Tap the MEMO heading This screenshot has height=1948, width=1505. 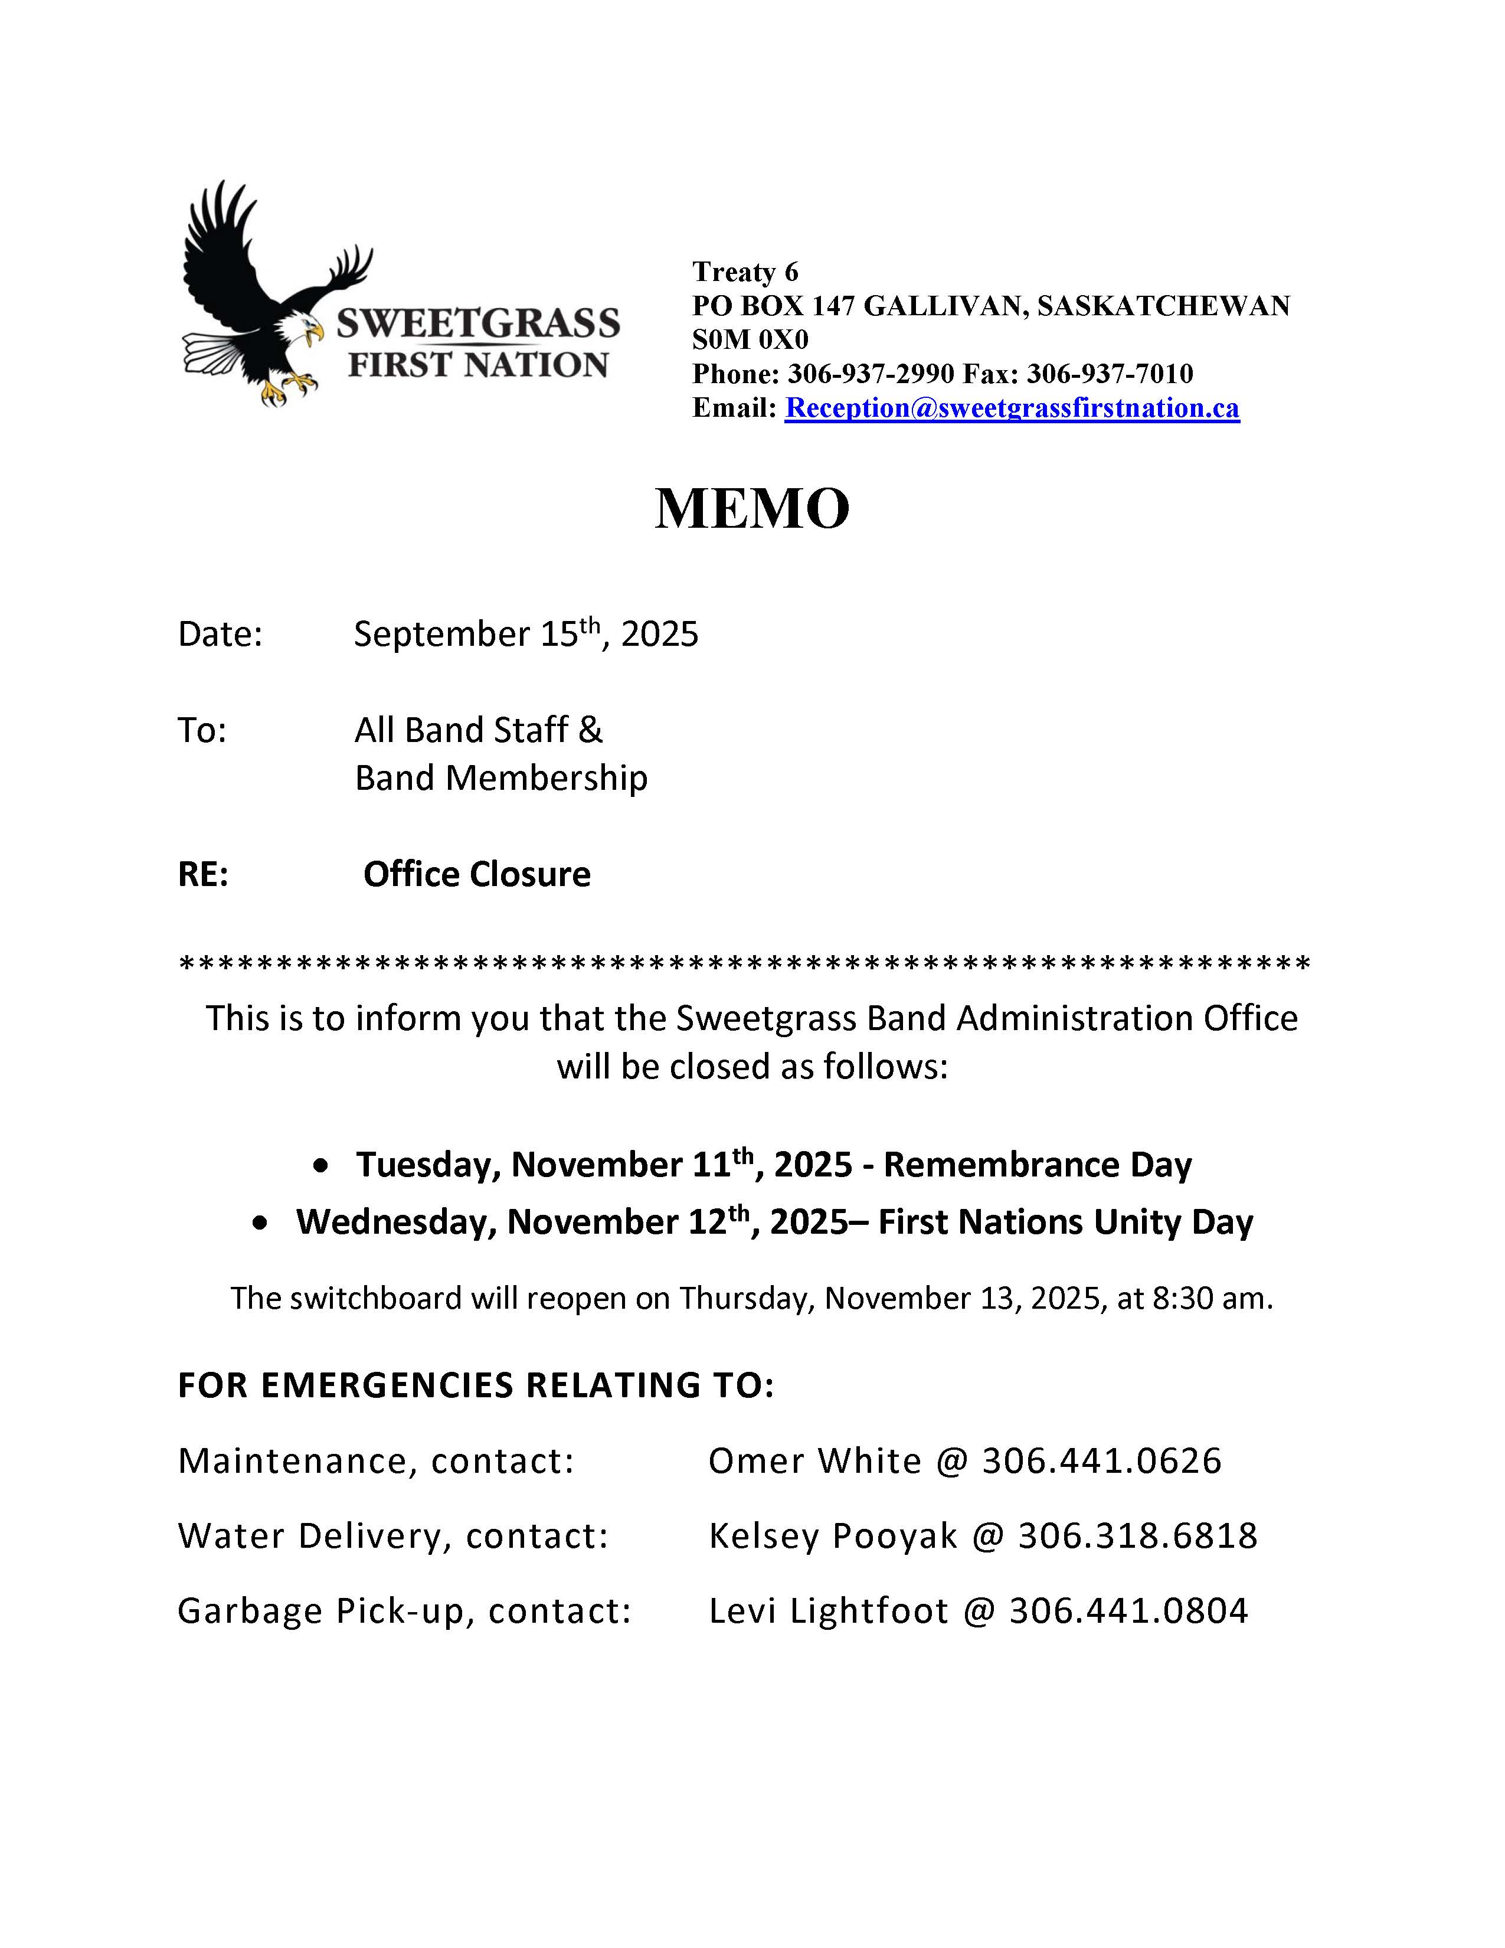pos(751,508)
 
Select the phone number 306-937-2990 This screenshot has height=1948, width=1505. pos(870,374)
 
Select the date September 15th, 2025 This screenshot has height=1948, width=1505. pos(525,634)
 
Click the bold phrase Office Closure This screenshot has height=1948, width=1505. pos(476,874)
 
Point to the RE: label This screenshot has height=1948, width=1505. pos(203,874)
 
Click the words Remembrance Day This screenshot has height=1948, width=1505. pos(1037,1165)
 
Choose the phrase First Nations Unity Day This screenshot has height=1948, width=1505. pos(1065,1222)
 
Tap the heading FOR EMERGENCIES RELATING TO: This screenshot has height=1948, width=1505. pos(476,1385)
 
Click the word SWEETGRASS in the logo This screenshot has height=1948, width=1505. pos(478,323)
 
